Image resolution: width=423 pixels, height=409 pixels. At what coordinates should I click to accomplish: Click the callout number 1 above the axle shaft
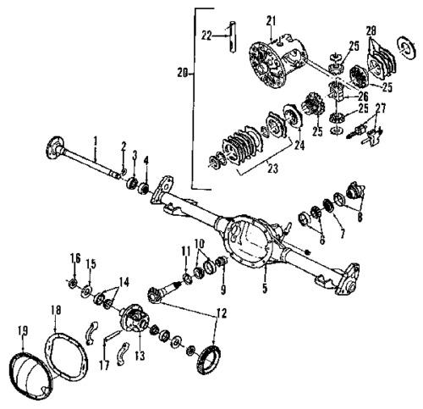click(x=96, y=140)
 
